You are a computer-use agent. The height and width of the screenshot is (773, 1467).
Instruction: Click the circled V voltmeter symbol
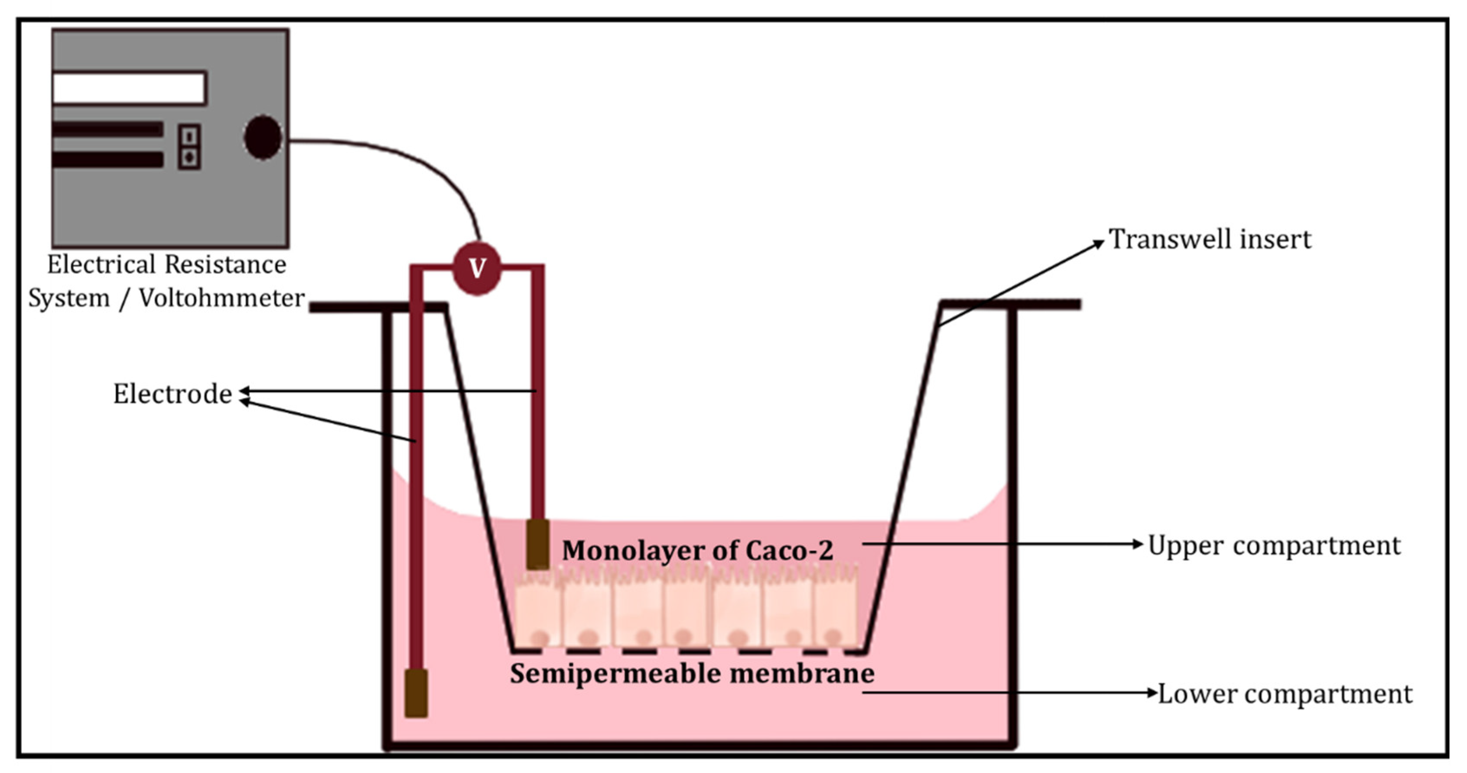pyautogui.click(x=477, y=269)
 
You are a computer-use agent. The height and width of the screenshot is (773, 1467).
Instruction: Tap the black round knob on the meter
pyautogui.click(x=263, y=137)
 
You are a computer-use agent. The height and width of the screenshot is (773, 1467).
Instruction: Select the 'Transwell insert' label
pyautogui.click(x=1210, y=239)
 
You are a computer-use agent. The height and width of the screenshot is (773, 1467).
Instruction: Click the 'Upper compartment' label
pyautogui.click(x=1274, y=546)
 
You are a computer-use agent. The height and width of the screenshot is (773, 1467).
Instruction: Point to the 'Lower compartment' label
pyautogui.click(x=1285, y=694)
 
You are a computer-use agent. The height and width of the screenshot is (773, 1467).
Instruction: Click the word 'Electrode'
pyautogui.click(x=172, y=394)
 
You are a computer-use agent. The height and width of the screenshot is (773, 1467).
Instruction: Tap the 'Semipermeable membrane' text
pyautogui.click(x=692, y=674)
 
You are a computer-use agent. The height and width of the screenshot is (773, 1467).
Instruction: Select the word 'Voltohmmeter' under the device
pyautogui.click(x=221, y=298)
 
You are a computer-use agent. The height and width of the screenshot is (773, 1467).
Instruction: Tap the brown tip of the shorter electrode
pyautogui.click(x=537, y=544)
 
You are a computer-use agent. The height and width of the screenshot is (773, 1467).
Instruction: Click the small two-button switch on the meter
pyautogui.click(x=190, y=147)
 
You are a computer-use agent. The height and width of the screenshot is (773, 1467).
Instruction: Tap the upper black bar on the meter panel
pyautogui.click(x=108, y=129)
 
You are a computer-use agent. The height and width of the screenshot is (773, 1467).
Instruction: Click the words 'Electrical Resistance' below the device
pyautogui.click(x=166, y=265)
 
